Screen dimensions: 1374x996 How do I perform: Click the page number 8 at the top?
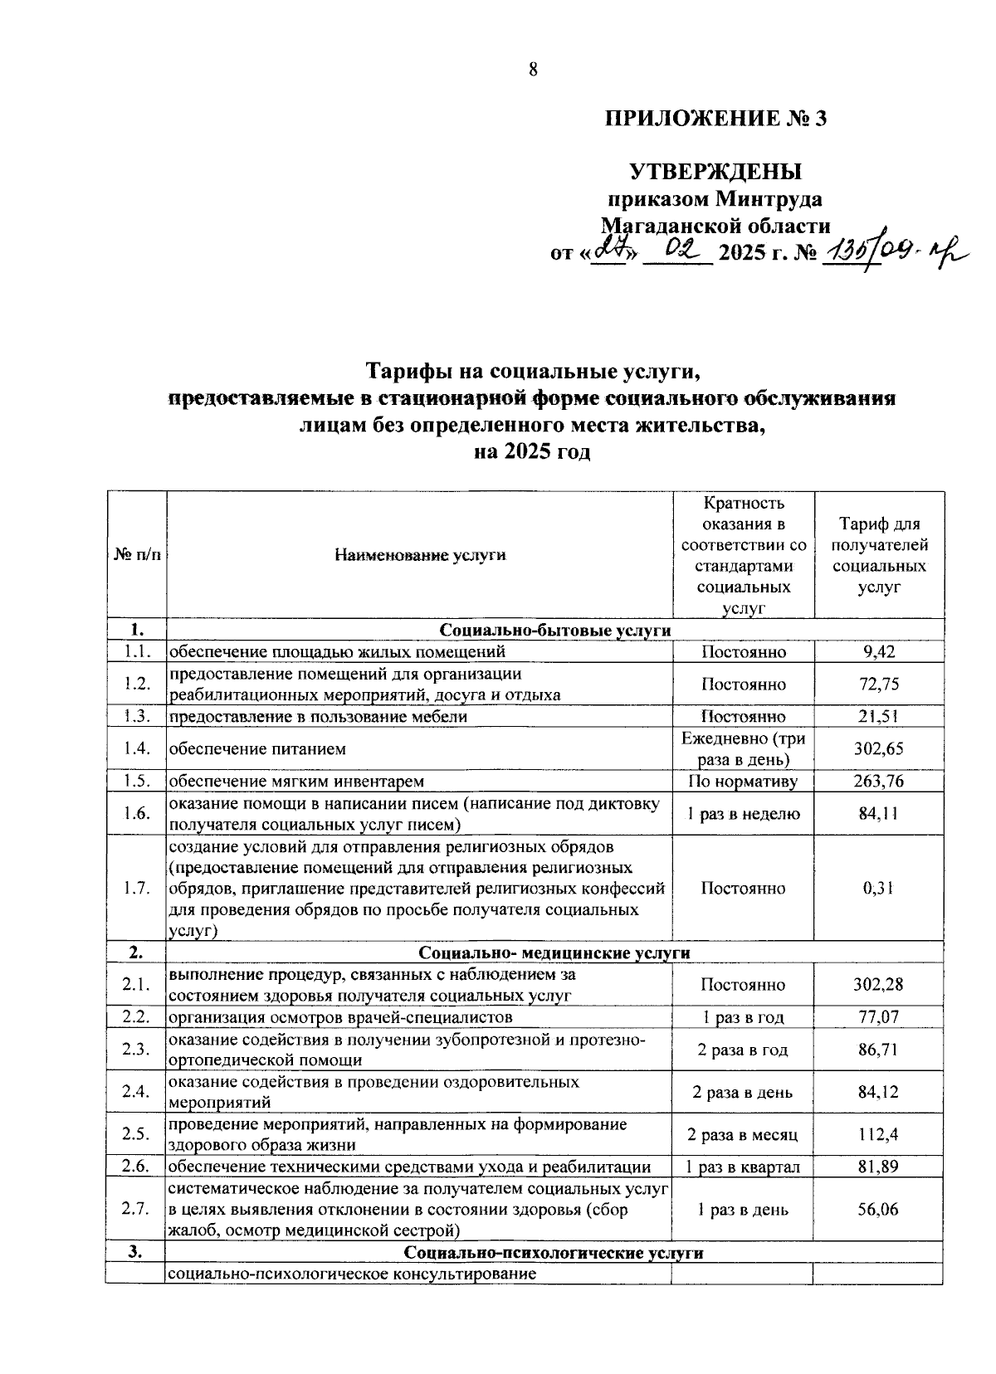pyautogui.click(x=534, y=70)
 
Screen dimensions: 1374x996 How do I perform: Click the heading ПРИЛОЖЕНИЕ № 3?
pyautogui.click(x=715, y=119)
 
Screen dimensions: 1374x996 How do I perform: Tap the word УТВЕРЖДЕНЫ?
pyautogui.click(x=715, y=172)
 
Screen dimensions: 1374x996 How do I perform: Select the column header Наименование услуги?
pyautogui.click(x=420, y=555)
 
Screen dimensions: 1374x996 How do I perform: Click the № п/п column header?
pyautogui.click(x=136, y=555)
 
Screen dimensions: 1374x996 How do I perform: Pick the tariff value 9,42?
pyautogui.click(x=879, y=652)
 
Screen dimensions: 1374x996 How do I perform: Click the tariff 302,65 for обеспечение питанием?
pyautogui.click(x=879, y=749)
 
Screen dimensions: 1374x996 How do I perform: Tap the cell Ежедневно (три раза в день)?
pyautogui.click(x=743, y=749)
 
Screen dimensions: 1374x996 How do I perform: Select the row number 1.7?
pyautogui.click(x=136, y=889)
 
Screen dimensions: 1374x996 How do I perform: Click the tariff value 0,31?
pyautogui.click(x=879, y=889)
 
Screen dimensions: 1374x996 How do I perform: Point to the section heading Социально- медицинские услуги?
pyautogui.click(x=554, y=953)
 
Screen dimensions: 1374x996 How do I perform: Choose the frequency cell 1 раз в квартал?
pyautogui.click(x=743, y=1167)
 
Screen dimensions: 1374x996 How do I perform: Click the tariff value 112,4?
pyautogui.click(x=879, y=1135)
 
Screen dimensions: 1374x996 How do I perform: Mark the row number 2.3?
pyautogui.click(x=136, y=1050)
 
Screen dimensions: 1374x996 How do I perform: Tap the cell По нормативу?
pyautogui.click(x=743, y=782)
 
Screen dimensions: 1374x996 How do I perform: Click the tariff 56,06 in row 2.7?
pyautogui.click(x=879, y=1210)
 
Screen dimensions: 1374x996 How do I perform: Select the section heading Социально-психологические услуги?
pyautogui.click(x=554, y=1253)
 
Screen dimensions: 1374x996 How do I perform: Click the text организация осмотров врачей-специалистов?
pyautogui.click(x=341, y=1017)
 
